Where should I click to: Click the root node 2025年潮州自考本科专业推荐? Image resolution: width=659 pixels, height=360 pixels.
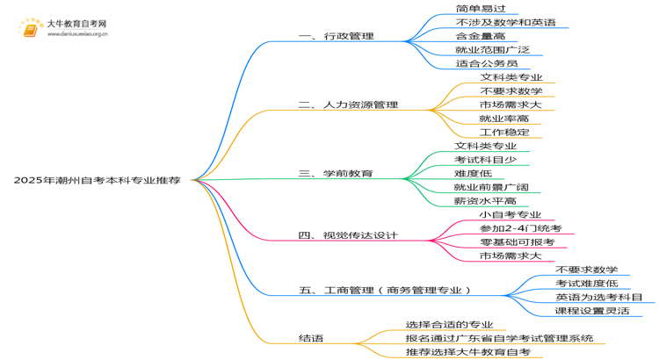[97, 180]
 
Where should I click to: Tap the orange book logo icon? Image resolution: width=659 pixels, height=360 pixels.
[30, 29]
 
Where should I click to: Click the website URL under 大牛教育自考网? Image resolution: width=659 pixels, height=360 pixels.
[77, 34]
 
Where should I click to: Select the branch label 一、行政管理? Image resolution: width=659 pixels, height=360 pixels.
[337, 36]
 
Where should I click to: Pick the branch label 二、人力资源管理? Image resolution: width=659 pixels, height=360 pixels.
[348, 104]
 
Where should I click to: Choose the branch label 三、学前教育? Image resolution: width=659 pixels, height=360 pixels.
[336, 174]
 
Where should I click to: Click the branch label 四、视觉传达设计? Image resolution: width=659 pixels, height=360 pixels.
[348, 235]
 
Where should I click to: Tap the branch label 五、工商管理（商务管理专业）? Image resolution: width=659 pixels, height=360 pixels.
[385, 291]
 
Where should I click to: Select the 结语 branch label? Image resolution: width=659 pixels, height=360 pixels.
[311, 338]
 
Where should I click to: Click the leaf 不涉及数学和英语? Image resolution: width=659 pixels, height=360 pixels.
[505, 22]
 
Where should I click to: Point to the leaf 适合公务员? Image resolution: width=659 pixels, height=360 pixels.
[487, 63]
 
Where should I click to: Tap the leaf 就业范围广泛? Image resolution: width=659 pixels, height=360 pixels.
[493, 49]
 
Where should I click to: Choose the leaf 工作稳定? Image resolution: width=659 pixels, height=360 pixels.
[504, 133]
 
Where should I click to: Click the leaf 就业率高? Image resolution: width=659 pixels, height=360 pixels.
[504, 119]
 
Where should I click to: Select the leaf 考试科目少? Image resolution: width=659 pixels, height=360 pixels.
[485, 160]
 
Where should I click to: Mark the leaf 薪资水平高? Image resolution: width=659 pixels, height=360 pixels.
[485, 201]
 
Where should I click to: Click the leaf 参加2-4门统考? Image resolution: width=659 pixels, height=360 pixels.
[521, 228]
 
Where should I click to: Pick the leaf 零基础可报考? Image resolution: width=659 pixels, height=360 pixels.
[518, 242]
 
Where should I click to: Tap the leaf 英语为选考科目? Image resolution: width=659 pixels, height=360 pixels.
[599, 297]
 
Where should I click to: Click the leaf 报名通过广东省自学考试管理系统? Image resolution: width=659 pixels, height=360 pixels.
[499, 338]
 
